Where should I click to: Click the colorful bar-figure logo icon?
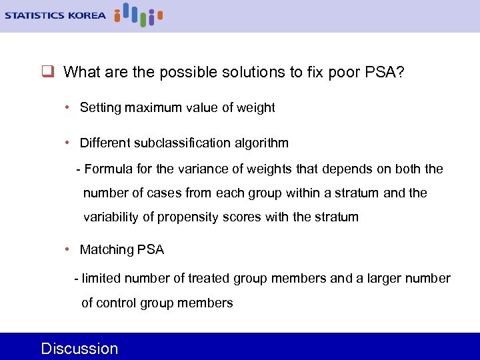tap(138, 14)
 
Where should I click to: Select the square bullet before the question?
tap(47, 71)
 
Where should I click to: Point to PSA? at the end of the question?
tap(385, 72)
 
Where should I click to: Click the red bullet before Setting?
tap(69, 107)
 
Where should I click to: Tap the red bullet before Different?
tap(69, 142)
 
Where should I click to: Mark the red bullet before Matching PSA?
tap(69, 249)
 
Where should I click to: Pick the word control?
tap(116, 303)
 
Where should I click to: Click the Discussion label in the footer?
tap(79, 349)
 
